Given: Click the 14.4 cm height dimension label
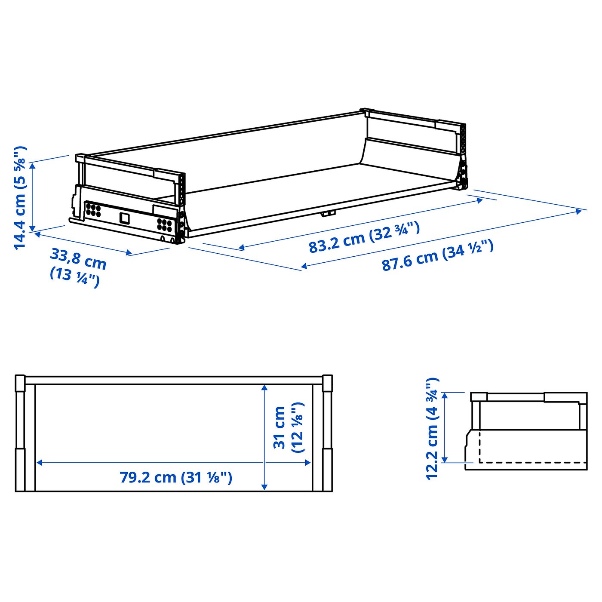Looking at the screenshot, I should (x=20, y=197).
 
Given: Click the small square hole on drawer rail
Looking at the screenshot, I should (x=125, y=218).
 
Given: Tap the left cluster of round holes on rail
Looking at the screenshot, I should (x=93, y=209).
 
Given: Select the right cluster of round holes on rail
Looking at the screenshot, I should (x=164, y=224).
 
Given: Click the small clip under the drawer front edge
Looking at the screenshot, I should (x=329, y=213).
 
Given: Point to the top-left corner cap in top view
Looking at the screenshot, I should (x=20, y=383).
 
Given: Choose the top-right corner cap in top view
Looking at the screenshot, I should (x=327, y=383).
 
